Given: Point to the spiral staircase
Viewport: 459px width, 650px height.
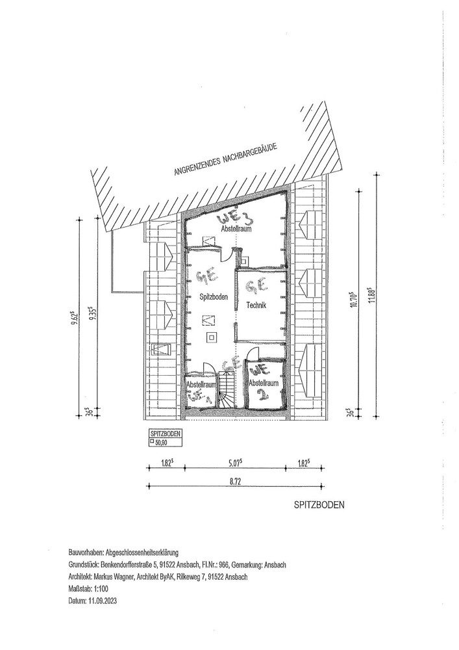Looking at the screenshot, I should [228, 393].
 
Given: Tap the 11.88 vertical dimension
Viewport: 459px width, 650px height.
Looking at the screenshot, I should [373, 300].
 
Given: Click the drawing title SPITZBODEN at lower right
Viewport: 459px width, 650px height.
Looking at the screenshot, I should [318, 504].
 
